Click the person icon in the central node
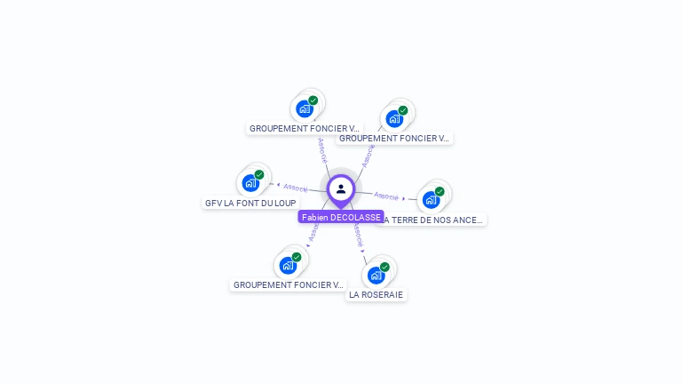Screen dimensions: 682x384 [341, 188]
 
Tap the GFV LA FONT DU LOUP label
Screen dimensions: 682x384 [250, 203]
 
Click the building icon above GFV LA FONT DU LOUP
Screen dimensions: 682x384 [250, 183]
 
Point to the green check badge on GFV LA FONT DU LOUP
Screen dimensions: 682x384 [259, 175]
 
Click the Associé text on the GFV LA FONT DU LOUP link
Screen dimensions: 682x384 [296, 188]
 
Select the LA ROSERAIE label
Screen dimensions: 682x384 [376, 294]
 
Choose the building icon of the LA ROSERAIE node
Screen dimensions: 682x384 [376, 275]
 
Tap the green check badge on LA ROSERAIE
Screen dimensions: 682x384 [385, 267]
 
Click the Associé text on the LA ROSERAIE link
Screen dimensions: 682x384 [356, 235]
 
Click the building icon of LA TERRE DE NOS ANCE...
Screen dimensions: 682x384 [431, 199]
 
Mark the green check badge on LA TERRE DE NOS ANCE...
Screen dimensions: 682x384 [440, 191]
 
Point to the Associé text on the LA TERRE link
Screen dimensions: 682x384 [386, 195]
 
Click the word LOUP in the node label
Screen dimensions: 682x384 [284, 203]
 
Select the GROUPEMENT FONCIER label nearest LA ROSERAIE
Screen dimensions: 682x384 [288, 284]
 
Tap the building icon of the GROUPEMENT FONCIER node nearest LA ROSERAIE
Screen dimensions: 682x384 [288, 265]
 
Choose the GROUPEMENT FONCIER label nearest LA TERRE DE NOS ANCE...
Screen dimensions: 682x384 [395, 138]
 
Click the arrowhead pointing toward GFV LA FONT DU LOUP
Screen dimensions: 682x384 [279, 186]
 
